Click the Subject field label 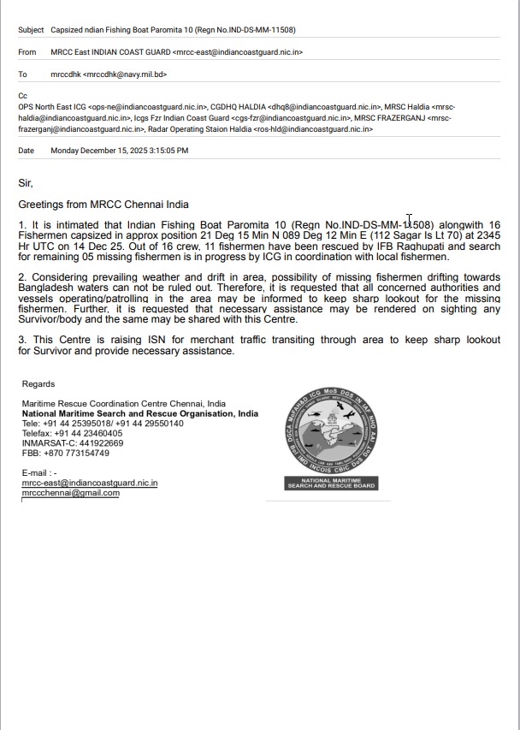[x=31, y=30]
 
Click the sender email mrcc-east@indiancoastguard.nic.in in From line [x=237, y=52]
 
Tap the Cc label [x=23, y=96]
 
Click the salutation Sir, [x=26, y=183]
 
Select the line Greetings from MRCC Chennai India [x=103, y=205]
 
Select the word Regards [x=38, y=384]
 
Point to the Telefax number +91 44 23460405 [x=88, y=434]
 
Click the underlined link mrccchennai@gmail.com [x=71, y=493]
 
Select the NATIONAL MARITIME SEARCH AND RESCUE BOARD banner [x=331, y=484]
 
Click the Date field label [x=27, y=151]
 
